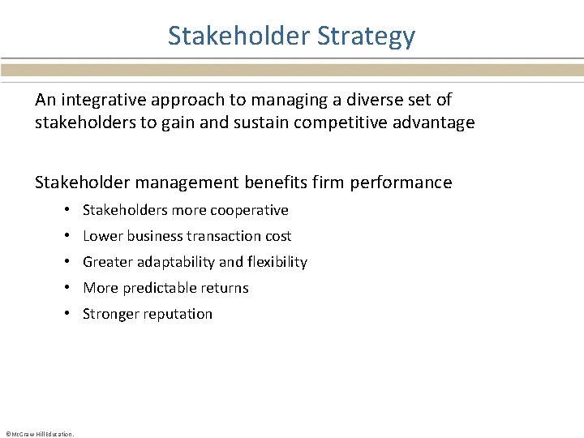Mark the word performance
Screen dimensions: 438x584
click(401, 182)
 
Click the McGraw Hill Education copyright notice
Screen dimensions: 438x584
click(39, 434)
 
